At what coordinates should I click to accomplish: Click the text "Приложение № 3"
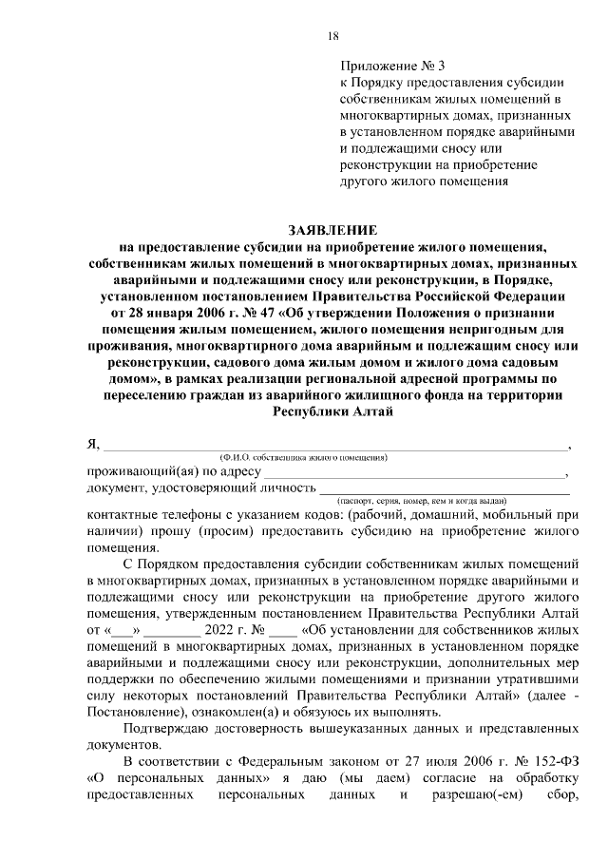click(x=391, y=66)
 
